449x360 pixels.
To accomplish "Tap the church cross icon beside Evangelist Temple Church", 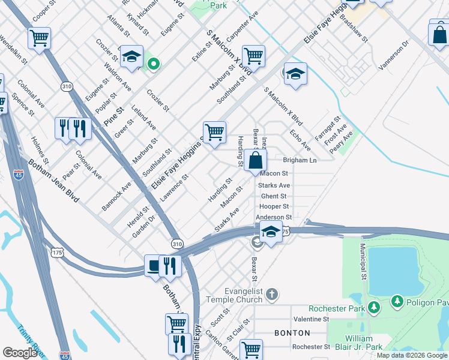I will tap(272, 294).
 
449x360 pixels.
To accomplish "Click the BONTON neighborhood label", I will tap(292, 332).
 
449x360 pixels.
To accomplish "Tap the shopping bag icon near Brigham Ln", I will tap(255, 161).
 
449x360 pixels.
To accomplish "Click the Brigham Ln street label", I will tap(300, 161).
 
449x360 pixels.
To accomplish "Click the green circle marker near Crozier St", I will tap(154, 63).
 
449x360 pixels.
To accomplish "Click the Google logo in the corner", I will tap(20, 353).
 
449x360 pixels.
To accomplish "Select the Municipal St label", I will tap(363, 262).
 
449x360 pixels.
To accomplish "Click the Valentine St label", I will tap(311, 319).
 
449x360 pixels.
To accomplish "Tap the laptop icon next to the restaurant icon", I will tap(154, 265).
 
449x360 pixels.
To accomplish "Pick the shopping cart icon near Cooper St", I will tap(39, 38).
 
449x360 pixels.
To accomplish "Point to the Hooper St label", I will tap(274, 206).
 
